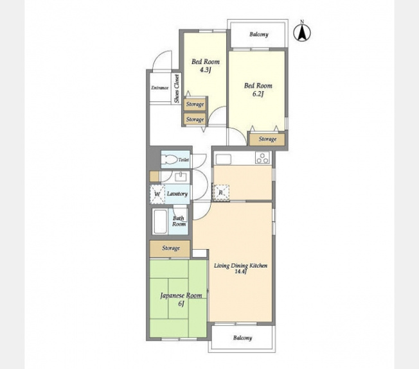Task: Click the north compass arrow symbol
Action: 302,33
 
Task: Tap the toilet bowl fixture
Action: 170,160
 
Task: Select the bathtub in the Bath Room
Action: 160,221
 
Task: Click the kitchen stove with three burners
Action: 263,157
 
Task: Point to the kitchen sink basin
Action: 224,159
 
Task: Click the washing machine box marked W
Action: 157,194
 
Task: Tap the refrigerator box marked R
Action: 220,192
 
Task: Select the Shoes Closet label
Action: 176,89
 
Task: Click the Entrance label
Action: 160,87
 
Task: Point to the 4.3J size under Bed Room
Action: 206,70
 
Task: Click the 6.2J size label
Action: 258,94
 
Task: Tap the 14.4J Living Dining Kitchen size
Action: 240,271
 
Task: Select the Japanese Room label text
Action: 181,296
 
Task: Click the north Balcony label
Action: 259,34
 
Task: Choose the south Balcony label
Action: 242,338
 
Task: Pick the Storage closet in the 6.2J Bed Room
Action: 267,139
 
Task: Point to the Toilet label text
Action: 184,160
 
